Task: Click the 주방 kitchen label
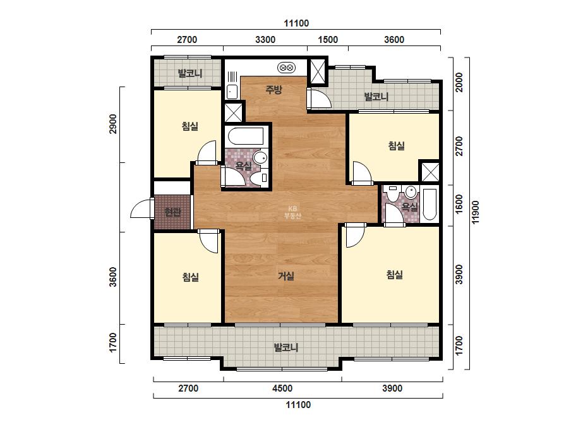tap(273, 89)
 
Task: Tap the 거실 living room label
tap(286, 276)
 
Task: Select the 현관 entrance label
tap(172, 212)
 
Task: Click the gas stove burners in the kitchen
tap(286, 68)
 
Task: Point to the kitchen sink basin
tap(232, 92)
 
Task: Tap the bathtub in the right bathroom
tap(430, 205)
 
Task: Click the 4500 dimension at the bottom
tap(282, 388)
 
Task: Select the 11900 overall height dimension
tap(476, 212)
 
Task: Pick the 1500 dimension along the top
tap(328, 39)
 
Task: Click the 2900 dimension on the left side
tap(112, 124)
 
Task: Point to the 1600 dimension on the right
tap(459, 204)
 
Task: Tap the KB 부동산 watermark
tap(292, 212)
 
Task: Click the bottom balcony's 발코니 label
tap(286, 348)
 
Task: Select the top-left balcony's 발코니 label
tap(190, 73)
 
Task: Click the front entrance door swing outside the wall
tap(141, 208)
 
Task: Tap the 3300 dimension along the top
tap(265, 39)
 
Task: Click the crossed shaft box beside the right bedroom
tap(430, 172)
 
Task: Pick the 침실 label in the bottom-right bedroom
tap(395, 275)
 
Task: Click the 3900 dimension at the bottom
tap(392, 388)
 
